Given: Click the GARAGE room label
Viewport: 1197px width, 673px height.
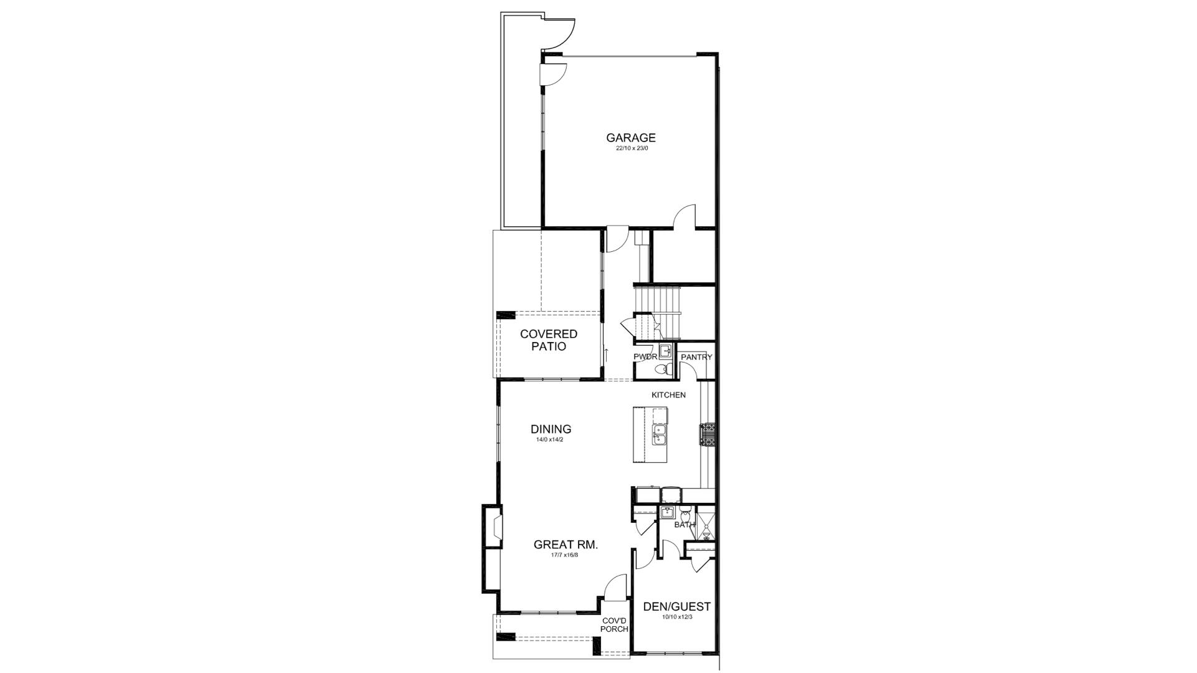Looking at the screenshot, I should coord(631,138).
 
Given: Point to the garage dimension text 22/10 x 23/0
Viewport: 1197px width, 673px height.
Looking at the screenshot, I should coord(632,148).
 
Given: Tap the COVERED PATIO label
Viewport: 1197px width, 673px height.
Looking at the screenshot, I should coord(549,340).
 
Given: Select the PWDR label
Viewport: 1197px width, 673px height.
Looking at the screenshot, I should coord(645,357).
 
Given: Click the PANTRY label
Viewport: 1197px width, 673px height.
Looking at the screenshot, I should coord(696,357).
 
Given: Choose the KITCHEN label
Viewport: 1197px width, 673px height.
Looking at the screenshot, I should coord(668,395).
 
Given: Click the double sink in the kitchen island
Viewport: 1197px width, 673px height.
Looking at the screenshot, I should coord(659,434).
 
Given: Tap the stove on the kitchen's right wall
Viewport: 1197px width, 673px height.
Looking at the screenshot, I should coord(708,434).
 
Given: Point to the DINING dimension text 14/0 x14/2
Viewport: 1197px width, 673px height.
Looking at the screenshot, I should coord(550,439).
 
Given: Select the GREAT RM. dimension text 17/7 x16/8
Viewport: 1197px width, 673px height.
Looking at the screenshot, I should coord(565,555).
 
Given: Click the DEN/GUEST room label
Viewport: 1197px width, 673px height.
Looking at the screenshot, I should coord(676,606).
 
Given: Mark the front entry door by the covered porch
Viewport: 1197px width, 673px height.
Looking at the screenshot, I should coord(615,589).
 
